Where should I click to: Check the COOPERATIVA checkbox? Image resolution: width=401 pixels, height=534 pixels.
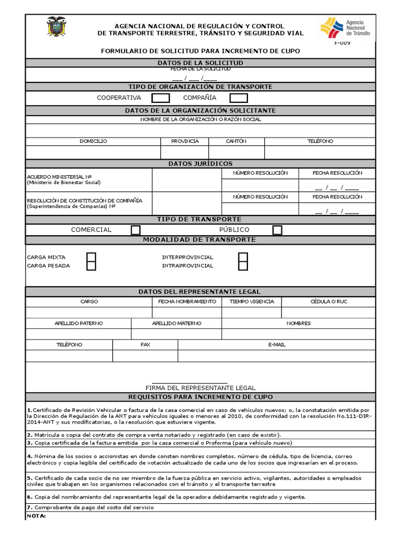(x=160, y=98)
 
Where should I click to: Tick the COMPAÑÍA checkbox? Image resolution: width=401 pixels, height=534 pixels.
(x=239, y=98)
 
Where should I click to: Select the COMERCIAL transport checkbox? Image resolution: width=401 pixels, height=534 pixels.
(x=136, y=230)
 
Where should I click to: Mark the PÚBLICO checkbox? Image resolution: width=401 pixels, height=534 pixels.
(x=277, y=230)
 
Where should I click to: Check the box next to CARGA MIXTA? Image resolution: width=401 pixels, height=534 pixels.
(x=91, y=257)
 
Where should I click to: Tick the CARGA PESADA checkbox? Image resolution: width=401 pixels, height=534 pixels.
(x=91, y=266)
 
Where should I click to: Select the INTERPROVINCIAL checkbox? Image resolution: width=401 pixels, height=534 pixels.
(x=243, y=257)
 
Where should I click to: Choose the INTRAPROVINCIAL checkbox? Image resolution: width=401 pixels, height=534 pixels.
(x=243, y=266)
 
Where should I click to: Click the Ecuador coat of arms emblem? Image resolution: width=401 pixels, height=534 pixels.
(x=56, y=26)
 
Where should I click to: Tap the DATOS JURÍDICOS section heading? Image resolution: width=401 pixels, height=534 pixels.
(x=200, y=164)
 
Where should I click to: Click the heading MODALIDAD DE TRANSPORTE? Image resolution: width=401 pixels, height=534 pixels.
(x=200, y=240)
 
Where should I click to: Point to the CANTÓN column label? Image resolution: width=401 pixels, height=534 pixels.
(x=236, y=141)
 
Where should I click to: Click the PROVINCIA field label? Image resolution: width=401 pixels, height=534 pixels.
(x=185, y=141)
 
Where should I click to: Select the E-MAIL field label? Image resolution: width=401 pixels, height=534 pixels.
(x=277, y=345)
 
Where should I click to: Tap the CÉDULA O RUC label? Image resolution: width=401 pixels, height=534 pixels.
(x=328, y=301)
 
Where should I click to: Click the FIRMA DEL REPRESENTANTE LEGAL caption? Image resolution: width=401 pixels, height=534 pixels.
(x=200, y=388)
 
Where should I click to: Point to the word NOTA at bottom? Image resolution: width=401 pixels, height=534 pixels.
(x=36, y=516)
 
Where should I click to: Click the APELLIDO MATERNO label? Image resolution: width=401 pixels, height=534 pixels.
(x=176, y=323)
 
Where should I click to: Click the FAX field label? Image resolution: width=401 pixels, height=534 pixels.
(x=145, y=345)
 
